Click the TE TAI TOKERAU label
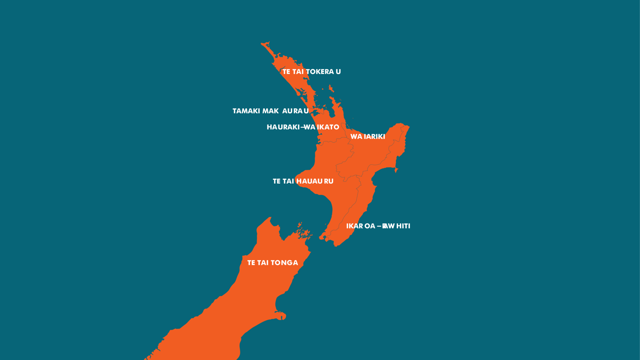coord(311,72)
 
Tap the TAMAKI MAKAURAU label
coord(270,111)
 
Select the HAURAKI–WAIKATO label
coord(303,127)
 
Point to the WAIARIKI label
coord(368,137)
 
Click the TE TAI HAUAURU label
coord(303,181)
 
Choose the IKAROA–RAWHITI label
coord(378,226)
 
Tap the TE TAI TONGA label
coord(273,263)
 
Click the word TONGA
coord(284,263)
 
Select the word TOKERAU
coord(323,72)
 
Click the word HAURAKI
coord(283,127)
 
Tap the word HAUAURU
coord(315,181)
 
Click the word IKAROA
coord(361,226)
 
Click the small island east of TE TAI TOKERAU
coord(331,88)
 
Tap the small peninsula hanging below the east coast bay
coord(396,170)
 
